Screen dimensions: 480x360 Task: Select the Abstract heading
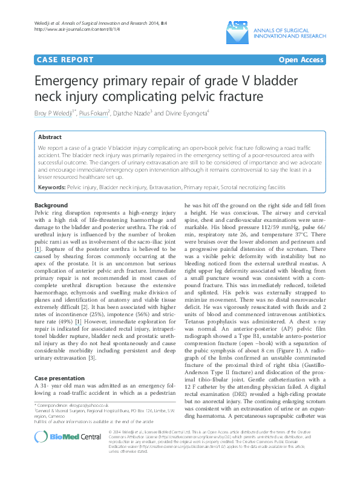coord(49,137)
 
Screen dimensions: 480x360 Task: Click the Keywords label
coord(51,189)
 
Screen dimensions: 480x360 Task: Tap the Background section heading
coord(51,206)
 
